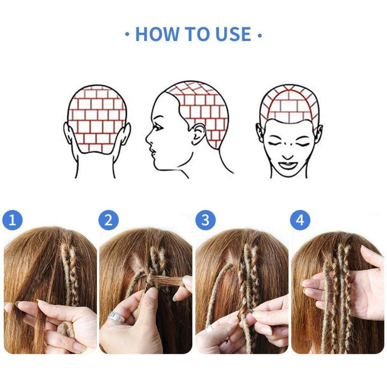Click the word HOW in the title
tap(157, 34)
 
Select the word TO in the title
tap(193, 34)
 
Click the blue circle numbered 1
tap(12, 220)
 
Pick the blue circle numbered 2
tap(108, 220)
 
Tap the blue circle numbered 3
tap(205, 220)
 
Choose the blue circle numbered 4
tap(300, 220)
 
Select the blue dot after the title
tap(260, 36)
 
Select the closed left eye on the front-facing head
tap(275, 144)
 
